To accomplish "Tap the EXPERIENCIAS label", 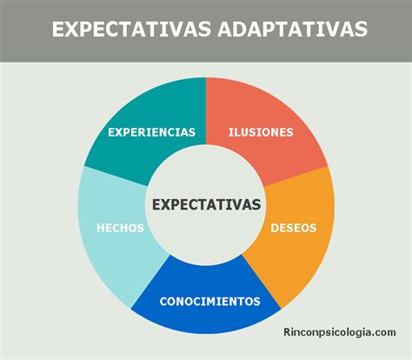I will point(151,132).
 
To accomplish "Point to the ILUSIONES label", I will point(261,132).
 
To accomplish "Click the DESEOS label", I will point(293,228).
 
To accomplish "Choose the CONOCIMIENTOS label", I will point(209,302).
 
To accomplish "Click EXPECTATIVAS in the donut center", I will point(206,204).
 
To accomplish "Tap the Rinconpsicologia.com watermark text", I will point(340,331).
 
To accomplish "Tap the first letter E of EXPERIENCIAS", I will point(110,132).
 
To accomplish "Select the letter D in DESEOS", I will point(275,228).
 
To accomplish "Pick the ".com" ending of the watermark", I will point(382,331).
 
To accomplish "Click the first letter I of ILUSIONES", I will point(230,132).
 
